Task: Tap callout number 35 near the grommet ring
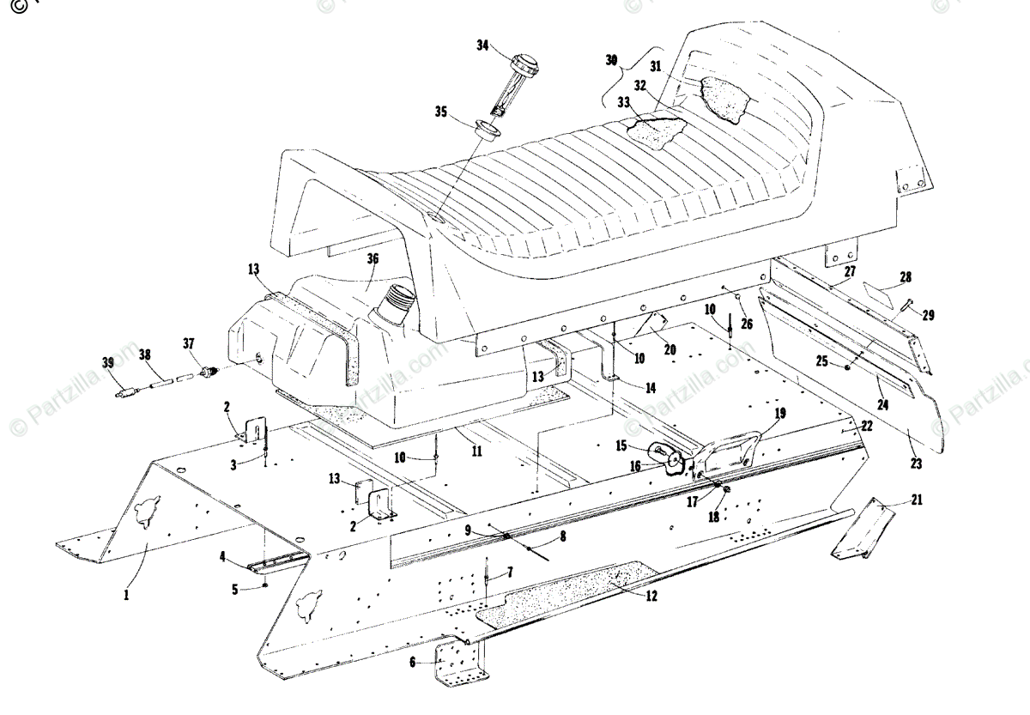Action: (441, 112)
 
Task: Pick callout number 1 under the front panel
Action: (125, 592)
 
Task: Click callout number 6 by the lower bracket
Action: (413, 662)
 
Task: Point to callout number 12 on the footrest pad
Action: (651, 596)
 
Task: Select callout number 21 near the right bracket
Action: (917, 500)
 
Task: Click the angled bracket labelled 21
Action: (863, 525)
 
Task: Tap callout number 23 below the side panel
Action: (917, 464)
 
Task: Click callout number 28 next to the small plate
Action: (905, 277)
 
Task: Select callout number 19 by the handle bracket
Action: (779, 413)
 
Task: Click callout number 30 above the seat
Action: (611, 61)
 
